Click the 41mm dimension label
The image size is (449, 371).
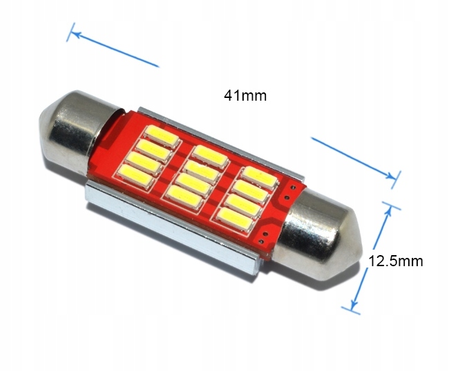(245, 95)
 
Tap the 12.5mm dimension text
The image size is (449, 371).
(395, 261)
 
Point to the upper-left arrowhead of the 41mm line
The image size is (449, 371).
(75, 34)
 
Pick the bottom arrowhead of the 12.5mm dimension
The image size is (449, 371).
(354, 303)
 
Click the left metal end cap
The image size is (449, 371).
(77, 131)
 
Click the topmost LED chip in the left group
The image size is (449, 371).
(162, 137)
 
